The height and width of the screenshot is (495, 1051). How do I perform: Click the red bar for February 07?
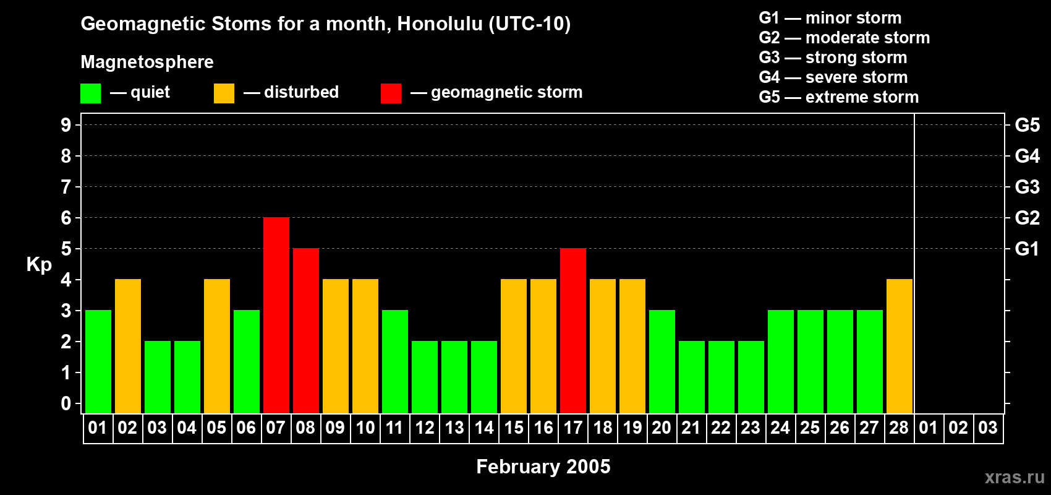276,315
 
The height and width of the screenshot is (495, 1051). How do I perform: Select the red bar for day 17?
573,330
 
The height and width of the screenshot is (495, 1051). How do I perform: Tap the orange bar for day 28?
900,346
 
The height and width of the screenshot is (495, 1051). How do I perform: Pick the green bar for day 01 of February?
98,361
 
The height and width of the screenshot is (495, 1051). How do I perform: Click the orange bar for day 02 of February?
128,346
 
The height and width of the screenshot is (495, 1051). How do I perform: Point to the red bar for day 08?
306,330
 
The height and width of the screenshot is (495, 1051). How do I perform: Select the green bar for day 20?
662,361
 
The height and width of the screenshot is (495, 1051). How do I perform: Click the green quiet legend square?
91,93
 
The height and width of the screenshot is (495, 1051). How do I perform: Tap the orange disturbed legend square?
224,93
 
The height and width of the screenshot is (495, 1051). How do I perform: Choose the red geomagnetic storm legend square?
391,93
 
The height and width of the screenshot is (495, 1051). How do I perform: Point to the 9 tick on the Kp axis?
66,125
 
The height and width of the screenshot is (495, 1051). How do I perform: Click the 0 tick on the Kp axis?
66,403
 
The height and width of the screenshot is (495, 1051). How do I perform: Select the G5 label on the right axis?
1027,125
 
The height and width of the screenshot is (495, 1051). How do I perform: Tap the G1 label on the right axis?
1027,249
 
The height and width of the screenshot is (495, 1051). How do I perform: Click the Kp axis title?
39,264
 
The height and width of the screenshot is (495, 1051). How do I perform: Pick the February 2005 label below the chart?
543,467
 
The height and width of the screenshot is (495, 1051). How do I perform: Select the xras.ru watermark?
1014,477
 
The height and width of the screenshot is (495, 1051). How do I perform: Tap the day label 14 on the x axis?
484,428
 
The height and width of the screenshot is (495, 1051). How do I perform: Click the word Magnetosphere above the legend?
147,62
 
